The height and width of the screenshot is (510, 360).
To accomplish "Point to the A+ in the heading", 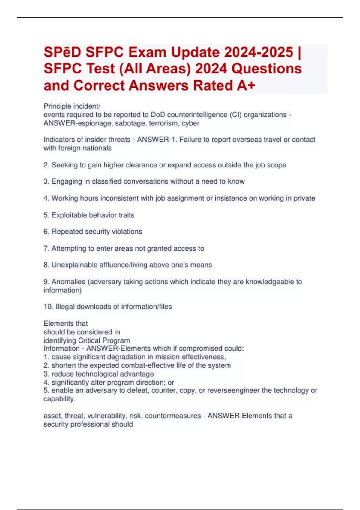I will pos(246,85).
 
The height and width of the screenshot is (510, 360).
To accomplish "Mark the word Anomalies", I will pos(68,282).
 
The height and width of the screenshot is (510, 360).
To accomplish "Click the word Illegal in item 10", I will pos(65,307).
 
